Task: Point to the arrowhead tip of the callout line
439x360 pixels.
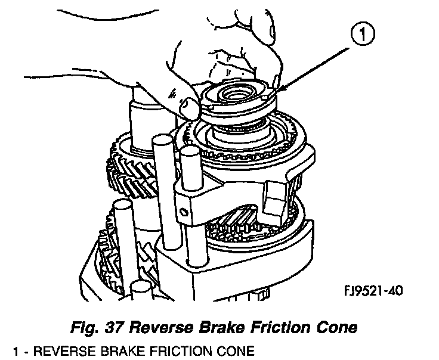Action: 279,91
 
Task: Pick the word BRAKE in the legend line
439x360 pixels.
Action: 120,352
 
